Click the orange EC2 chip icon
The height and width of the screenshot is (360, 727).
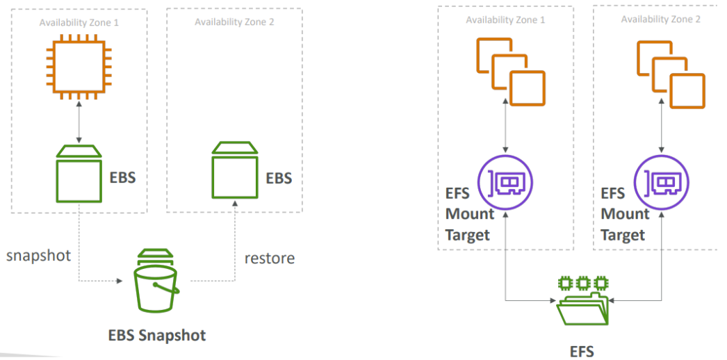tap(79, 67)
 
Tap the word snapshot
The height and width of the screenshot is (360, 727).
tap(38, 255)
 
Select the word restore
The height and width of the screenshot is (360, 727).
tap(270, 258)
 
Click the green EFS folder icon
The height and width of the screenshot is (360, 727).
tap(583, 301)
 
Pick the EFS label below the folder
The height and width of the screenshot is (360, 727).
tap(582, 351)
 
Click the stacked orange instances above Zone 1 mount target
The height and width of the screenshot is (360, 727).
tap(510, 72)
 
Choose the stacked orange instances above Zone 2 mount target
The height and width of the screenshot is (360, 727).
tap(671, 74)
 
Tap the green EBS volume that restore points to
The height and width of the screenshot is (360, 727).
tap(235, 170)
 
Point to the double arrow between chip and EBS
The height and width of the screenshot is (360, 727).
tap(79, 123)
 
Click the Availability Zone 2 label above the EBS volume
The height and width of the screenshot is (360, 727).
tap(234, 22)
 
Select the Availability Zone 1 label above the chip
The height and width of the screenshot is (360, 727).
tap(79, 22)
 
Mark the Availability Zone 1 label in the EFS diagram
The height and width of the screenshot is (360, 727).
tap(505, 20)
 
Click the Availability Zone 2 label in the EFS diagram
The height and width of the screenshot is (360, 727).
tap(661, 19)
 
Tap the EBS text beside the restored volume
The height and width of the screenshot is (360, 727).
tap(279, 178)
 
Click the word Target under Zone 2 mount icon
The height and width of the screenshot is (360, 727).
tap(623, 235)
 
